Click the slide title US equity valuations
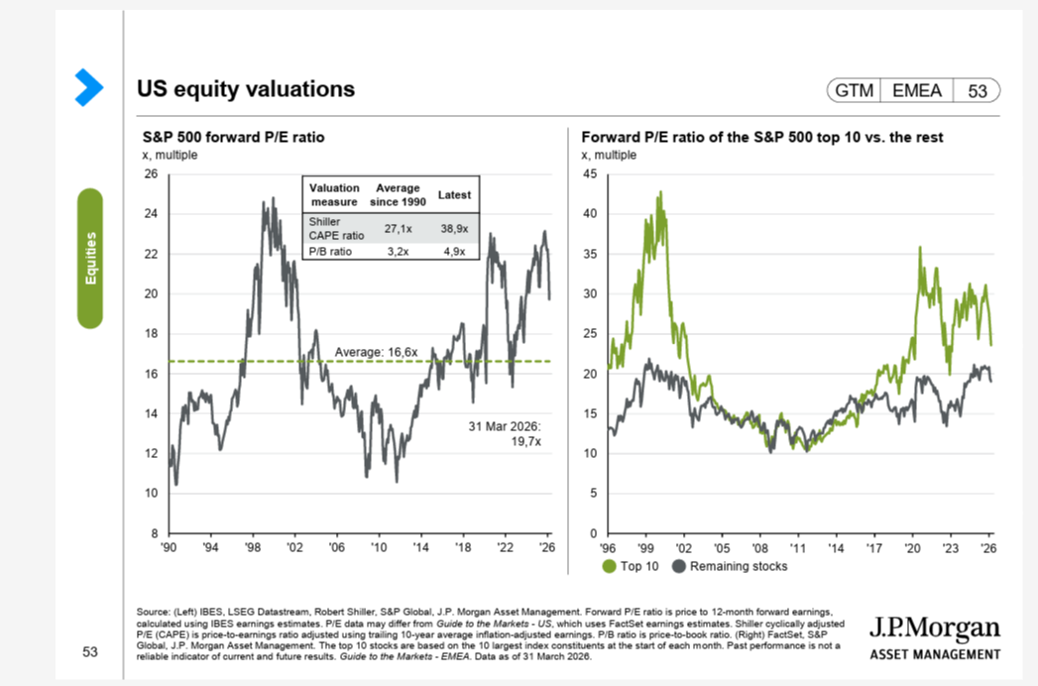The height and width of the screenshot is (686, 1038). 245,89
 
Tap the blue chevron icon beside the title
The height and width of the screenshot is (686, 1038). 89,87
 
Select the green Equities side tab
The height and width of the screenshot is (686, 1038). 90,258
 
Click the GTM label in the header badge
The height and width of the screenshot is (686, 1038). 854,91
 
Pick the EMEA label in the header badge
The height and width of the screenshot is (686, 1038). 917,91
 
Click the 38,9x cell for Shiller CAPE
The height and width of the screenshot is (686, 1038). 454,228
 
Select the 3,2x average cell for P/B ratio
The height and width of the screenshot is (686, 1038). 398,252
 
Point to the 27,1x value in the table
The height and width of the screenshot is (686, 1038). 398,228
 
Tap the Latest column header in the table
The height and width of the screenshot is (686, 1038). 454,195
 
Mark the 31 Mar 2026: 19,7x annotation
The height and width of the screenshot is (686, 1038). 508,433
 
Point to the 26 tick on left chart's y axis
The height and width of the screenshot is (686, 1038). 152,174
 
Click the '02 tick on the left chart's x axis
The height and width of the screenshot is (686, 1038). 294,546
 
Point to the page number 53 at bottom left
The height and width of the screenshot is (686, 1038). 90,652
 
